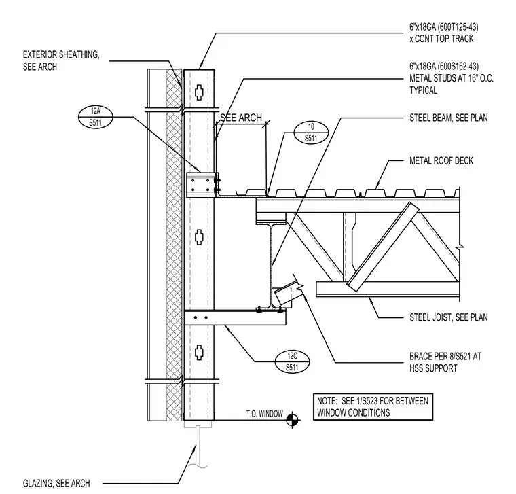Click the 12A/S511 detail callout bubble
click(x=96, y=118)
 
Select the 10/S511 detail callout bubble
click(x=311, y=133)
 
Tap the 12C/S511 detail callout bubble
click(x=292, y=361)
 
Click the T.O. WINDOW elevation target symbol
click(x=292, y=420)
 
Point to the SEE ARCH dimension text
click(x=241, y=118)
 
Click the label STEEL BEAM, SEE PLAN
click(x=449, y=118)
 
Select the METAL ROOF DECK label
click(x=441, y=161)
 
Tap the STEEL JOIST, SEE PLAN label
click(x=449, y=317)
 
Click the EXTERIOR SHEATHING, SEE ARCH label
click(x=61, y=60)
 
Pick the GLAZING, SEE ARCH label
click(x=56, y=483)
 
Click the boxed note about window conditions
click(x=373, y=407)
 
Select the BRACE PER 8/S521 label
click(x=445, y=362)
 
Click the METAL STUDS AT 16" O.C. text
click(x=451, y=78)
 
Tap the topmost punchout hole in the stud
click(x=199, y=92)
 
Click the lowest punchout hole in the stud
click(x=199, y=352)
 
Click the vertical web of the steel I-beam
click(x=271, y=266)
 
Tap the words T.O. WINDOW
click(x=265, y=414)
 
